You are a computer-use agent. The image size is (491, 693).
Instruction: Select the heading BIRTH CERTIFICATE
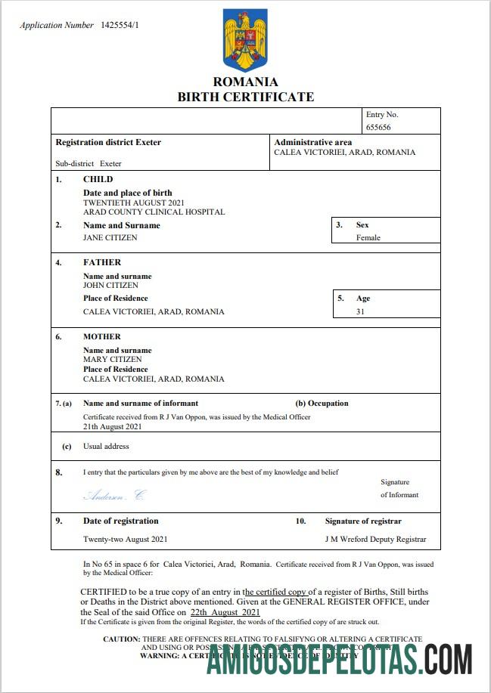point(245,97)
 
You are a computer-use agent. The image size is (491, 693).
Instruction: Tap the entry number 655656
point(378,128)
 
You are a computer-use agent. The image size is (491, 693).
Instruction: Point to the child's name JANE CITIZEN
point(110,237)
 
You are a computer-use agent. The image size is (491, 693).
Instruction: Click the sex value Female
point(368,237)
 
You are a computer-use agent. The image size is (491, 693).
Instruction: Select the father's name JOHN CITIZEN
point(110,286)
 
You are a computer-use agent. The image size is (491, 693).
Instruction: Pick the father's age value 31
point(361,311)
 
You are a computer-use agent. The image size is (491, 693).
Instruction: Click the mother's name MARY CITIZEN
point(112,360)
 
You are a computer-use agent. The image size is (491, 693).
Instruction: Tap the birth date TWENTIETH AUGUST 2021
point(133,203)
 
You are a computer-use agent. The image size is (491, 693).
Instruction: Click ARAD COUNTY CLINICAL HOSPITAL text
point(154,212)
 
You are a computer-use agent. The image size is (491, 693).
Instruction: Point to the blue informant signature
point(115,495)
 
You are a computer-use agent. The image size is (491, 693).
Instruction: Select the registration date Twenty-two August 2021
point(125,540)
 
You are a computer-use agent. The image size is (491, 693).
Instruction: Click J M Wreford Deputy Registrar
point(375,540)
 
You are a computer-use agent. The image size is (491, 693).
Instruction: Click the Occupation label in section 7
point(328,404)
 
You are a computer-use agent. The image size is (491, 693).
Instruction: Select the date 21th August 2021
point(114,427)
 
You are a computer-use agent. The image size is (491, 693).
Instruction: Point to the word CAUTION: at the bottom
point(121,639)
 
